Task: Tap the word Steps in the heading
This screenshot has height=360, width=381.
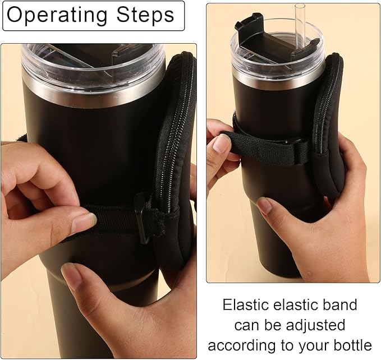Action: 144,15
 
